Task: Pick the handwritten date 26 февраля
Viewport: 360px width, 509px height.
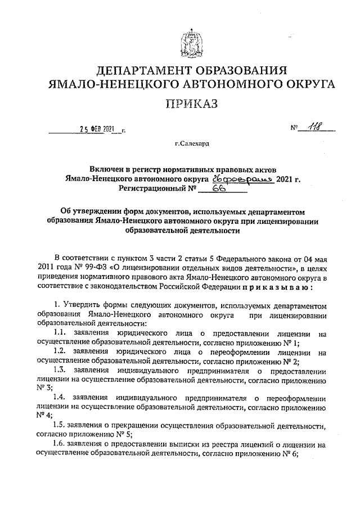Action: pyautogui.click(x=242, y=179)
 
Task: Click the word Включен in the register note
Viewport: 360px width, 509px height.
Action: pyautogui.click(x=107, y=169)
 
